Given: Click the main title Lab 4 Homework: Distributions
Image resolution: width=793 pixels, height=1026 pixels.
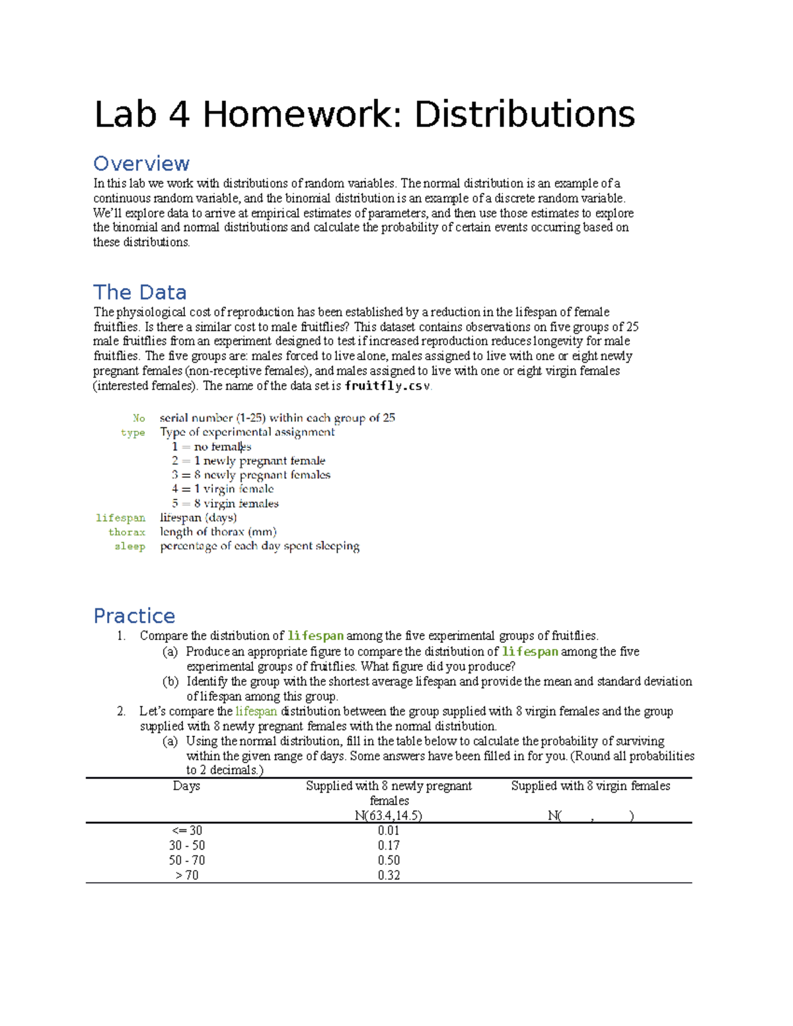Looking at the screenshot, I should coord(364,114).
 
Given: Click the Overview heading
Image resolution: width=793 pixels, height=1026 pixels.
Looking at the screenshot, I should coord(141,163).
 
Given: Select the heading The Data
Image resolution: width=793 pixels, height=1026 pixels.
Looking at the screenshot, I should coord(139,292).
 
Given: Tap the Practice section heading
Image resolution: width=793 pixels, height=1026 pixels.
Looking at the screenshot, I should coord(134,616).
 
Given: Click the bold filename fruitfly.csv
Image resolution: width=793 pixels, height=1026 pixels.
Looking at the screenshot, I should coord(387,386).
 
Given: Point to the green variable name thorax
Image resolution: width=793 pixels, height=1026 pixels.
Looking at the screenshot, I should coord(127,532).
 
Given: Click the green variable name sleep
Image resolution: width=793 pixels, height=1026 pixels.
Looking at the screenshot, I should coord(130,546).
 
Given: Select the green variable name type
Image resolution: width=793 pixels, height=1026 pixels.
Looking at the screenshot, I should coord(133,433).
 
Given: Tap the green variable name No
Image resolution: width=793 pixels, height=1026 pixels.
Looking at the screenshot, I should coord(139,418).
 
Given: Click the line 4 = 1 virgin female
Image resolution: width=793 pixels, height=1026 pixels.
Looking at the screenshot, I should coord(223,489).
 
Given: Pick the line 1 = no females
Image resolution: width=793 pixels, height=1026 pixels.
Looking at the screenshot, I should coord(211,447).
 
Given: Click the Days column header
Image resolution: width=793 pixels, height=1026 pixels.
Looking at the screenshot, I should coord(186,786).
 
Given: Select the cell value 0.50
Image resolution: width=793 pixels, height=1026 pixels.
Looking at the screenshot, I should coord(389,860).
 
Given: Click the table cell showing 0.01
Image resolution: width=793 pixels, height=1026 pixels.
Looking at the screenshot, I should coord(389,830).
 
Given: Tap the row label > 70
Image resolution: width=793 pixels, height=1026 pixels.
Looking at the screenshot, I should coord(186,875).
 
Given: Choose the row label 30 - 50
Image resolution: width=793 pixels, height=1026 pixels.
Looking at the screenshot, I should coord(186,846).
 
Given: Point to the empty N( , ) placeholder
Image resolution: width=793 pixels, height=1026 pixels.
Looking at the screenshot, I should coord(590,816).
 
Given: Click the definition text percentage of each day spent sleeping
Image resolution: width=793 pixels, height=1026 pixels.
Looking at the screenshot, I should coord(260,546).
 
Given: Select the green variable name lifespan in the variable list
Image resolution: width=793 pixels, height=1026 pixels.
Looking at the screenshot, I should coord(120,518).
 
